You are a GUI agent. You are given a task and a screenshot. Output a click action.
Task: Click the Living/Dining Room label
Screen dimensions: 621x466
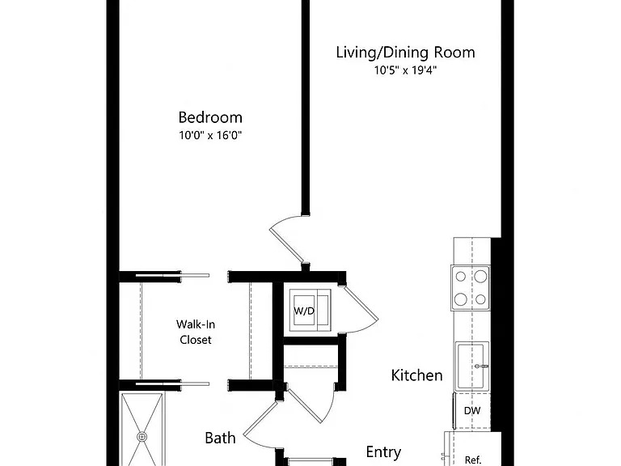point(406,53)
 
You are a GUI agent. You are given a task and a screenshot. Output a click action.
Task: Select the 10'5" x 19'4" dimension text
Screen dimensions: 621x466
point(406,70)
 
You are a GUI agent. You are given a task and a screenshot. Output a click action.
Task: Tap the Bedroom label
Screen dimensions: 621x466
point(210,117)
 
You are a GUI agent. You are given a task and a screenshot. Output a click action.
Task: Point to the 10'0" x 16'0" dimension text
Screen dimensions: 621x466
point(210,136)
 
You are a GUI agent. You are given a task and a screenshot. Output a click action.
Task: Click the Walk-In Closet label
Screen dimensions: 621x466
point(196,332)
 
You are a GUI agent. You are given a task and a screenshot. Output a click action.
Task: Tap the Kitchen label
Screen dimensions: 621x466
point(416,375)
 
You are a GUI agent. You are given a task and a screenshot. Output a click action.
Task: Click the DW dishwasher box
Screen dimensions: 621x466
point(472,411)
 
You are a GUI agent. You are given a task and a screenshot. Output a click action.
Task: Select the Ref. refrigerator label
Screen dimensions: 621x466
point(473,460)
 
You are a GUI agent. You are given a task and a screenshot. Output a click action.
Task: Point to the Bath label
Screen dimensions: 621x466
point(220,438)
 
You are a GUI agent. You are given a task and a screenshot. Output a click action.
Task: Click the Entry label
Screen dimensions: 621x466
point(383,452)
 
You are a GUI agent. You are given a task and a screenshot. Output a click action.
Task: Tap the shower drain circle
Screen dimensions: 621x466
point(142,437)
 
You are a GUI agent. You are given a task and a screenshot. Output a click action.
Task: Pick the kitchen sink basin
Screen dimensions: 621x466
point(472,366)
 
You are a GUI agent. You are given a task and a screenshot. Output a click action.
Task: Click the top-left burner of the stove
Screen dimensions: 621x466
point(461,276)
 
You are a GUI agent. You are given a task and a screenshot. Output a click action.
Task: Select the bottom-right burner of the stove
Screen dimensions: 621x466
point(480,299)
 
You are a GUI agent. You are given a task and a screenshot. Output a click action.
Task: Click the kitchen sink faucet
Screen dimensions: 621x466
point(482,366)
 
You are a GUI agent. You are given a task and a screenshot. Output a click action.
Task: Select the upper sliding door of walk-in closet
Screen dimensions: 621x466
point(173,275)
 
